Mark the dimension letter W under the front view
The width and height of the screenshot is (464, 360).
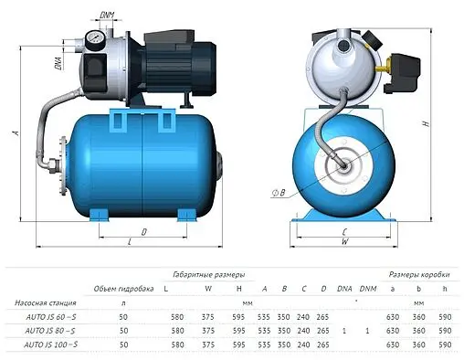[343, 242]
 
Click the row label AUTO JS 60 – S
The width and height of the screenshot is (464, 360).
[41, 315]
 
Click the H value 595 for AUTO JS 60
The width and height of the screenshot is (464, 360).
[238, 315]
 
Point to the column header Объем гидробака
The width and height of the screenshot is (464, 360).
[122, 289]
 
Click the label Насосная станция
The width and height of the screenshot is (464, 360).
[40, 302]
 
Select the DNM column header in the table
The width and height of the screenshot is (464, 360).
[368, 289]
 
